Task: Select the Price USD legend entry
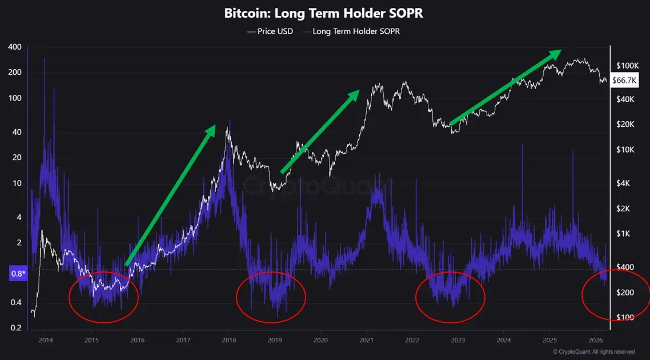click(x=270, y=31)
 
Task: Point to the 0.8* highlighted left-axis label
click(x=18, y=274)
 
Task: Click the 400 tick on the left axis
click(x=14, y=47)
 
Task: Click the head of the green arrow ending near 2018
click(x=211, y=130)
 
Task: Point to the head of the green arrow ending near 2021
click(x=355, y=94)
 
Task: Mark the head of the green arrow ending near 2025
click(x=556, y=53)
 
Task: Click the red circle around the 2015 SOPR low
click(x=103, y=297)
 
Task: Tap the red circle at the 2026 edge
click(x=616, y=296)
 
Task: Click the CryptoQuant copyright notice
click(x=593, y=352)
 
